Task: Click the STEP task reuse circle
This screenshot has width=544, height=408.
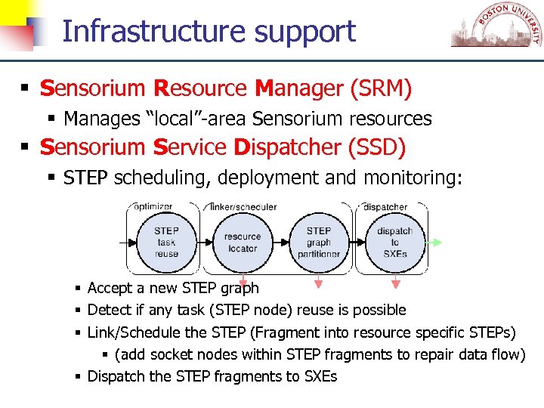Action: click(x=166, y=243)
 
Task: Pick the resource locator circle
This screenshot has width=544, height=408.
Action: click(x=242, y=243)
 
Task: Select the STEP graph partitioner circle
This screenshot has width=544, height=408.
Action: click(x=319, y=243)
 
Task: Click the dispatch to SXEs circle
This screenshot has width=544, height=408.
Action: click(x=394, y=243)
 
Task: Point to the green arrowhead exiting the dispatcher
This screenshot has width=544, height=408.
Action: click(x=436, y=243)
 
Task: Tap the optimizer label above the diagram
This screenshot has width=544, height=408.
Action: click(x=153, y=206)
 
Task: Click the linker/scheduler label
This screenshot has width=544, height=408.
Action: click(x=243, y=206)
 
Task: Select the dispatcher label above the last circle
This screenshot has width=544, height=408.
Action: click(x=385, y=206)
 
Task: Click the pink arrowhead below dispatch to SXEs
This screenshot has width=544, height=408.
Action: click(x=395, y=284)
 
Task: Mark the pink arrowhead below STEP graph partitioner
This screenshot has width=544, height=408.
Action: click(x=318, y=284)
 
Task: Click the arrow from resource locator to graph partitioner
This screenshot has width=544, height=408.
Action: click(x=280, y=243)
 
